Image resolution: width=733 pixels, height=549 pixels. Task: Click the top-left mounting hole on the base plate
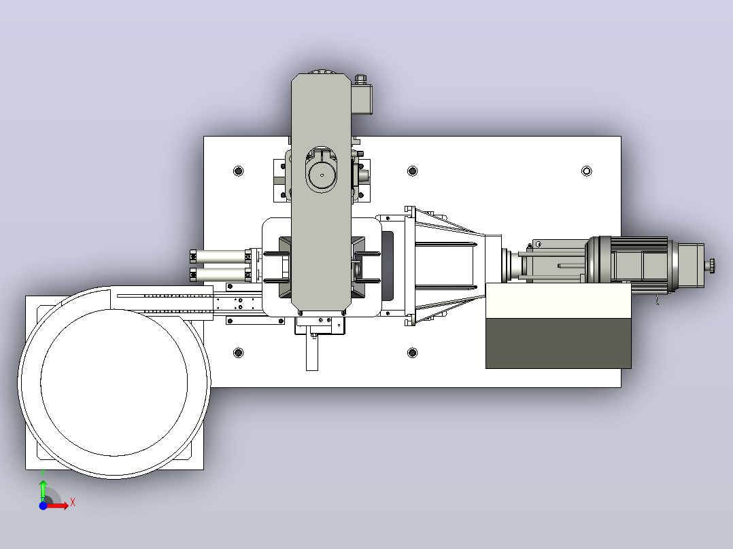(x=239, y=171)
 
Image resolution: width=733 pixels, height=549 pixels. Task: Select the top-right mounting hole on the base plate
(x=587, y=171)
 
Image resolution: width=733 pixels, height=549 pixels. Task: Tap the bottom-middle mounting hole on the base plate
(x=412, y=352)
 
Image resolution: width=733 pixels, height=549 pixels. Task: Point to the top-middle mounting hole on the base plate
(x=412, y=171)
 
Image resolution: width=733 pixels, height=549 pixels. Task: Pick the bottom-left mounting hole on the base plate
(x=239, y=352)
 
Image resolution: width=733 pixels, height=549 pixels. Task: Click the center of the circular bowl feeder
(x=114, y=383)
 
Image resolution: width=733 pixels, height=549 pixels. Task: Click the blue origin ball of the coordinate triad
(x=43, y=506)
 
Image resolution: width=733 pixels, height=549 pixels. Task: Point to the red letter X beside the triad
(x=73, y=503)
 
